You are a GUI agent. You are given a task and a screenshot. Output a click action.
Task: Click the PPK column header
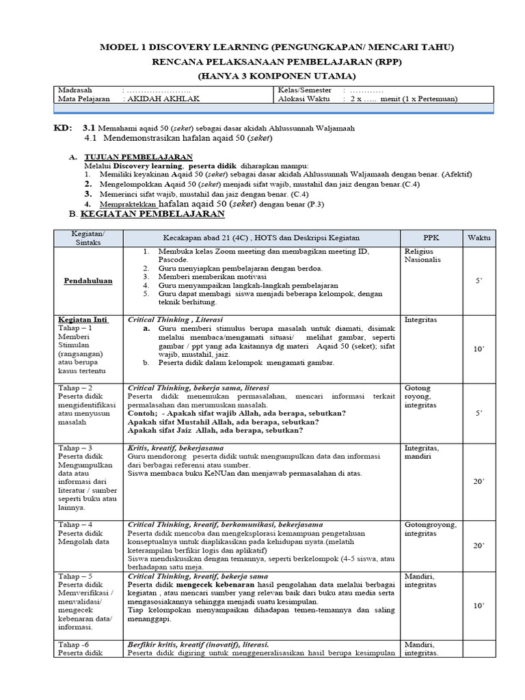[431, 237]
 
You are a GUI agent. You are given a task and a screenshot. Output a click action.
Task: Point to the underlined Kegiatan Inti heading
[81, 319]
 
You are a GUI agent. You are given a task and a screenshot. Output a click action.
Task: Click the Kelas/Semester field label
[305, 90]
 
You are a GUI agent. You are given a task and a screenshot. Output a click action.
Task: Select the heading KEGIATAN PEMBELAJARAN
[152, 214]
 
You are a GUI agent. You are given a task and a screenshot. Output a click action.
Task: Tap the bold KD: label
[62, 129]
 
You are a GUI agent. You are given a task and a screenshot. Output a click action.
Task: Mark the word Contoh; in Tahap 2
[142, 413]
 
